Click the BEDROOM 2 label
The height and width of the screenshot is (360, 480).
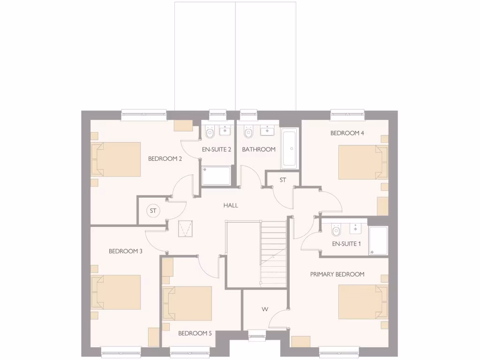(165, 158)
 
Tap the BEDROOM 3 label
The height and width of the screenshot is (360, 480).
(126, 251)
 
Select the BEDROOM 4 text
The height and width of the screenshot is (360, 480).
(347, 133)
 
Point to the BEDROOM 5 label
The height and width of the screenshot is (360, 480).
(195, 333)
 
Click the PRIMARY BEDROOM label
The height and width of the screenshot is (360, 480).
(337, 274)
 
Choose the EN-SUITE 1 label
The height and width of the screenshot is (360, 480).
(346, 244)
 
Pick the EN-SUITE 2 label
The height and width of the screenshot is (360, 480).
(217, 150)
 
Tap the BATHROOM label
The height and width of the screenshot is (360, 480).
(259, 150)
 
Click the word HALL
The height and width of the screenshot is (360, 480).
(231, 205)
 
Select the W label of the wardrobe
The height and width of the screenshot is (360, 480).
(265, 309)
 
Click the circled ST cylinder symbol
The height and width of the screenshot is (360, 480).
(153, 211)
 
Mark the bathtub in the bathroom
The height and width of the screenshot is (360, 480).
(289, 149)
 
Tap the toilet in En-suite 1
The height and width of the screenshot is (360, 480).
(336, 230)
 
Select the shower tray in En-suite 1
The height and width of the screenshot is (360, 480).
(378, 241)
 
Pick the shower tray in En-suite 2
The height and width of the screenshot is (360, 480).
(217, 175)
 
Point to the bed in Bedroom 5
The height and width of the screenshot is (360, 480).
(187, 303)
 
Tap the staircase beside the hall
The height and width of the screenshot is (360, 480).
(273, 253)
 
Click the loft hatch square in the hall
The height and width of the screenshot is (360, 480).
(186, 228)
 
